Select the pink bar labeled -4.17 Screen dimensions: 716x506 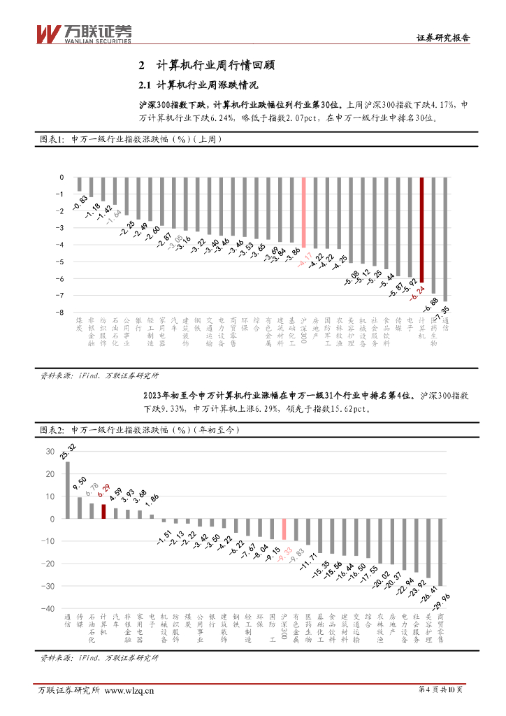click(303, 213)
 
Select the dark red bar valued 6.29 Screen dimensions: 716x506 click(103, 511)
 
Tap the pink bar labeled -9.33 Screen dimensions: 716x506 click(283, 529)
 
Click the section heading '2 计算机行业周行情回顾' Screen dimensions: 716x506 click(207, 66)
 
